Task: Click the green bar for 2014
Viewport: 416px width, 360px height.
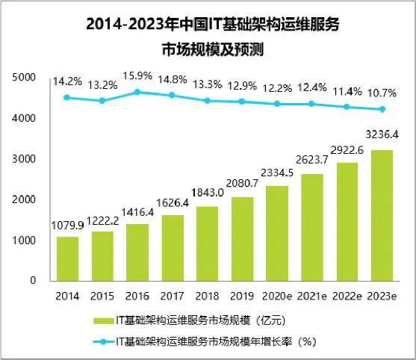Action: [67, 258]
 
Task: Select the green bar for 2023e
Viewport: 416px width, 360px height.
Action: [381, 215]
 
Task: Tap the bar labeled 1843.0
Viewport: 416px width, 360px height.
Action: [207, 243]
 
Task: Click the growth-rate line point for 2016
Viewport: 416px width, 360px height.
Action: [137, 92]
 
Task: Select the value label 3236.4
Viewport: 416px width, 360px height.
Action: [381, 137]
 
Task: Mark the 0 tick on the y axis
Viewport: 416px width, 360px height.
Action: [33, 280]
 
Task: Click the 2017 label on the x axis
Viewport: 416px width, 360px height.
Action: [172, 295]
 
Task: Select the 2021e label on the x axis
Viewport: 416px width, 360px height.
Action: [312, 295]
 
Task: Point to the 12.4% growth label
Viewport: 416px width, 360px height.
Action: [312, 87]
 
